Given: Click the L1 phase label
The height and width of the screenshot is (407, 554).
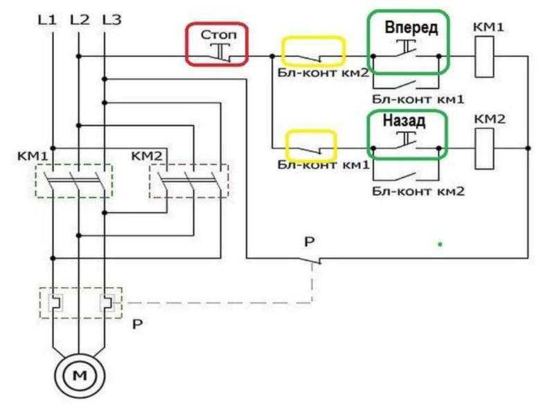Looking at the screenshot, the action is (47, 19).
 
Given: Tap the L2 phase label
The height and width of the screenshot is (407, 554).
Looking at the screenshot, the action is (80, 19).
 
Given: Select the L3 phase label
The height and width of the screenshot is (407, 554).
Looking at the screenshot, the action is (112, 19).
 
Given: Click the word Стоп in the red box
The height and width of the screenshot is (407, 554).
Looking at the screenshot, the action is (219, 35).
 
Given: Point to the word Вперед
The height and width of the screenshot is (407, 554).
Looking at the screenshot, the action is (411, 28).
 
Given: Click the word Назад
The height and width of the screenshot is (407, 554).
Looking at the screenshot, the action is (404, 121).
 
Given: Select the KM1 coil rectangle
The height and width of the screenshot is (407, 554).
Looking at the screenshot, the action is (484, 57).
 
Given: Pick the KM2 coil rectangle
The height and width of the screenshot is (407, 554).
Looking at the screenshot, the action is (484, 148).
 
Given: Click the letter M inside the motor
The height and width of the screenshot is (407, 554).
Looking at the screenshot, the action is (80, 375).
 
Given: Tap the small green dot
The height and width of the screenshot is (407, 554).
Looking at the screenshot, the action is (440, 244).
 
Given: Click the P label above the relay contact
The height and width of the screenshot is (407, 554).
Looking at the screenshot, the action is (309, 242).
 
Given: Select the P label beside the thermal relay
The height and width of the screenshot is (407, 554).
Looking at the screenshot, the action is (137, 324).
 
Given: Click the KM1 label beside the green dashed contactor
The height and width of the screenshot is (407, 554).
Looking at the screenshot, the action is (33, 156).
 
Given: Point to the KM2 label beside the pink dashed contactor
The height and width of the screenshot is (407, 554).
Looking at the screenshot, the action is (147, 156).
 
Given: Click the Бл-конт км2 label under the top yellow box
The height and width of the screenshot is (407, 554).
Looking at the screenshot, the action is (323, 73).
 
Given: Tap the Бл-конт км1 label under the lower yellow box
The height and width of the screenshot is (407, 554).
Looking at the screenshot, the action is (323, 164).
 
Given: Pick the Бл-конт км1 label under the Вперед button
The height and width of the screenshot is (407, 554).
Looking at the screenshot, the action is (418, 99).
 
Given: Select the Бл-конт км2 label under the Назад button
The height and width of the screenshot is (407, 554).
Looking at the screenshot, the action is (418, 191).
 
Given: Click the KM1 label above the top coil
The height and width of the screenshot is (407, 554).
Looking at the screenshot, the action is (488, 27).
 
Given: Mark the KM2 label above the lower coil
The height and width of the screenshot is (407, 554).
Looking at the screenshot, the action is (490, 119).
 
